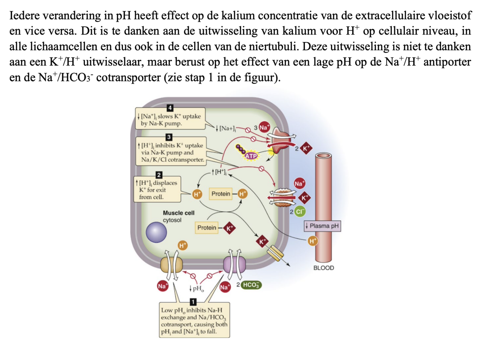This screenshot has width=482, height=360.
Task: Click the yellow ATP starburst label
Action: pyautogui.click(x=251, y=156)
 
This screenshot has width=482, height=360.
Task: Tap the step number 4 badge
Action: pyautogui.click(x=170, y=108)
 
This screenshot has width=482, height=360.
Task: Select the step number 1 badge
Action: pyautogui.click(x=193, y=301)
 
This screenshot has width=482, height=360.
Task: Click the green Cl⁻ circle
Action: pyautogui.click(x=300, y=211)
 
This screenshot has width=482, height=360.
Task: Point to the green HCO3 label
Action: pyautogui.click(x=251, y=285)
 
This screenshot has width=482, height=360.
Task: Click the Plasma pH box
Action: pyautogui.click(x=322, y=226)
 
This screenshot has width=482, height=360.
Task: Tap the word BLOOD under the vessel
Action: pyautogui.click(x=323, y=268)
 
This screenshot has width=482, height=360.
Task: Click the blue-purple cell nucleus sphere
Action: pyautogui.click(x=156, y=232)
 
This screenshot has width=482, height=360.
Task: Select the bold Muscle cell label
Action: pyautogui.click(x=178, y=213)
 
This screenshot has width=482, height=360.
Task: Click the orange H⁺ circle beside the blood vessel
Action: pyautogui.click(x=313, y=241)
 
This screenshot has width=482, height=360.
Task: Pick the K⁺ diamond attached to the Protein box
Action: pyautogui.click(x=229, y=228)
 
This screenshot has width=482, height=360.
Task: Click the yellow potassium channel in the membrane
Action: pyautogui.click(x=275, y=253)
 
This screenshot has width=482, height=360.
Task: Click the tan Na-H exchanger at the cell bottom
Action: pyautogui.click(x=172, y=264)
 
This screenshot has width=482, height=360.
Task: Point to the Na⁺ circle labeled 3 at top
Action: pyautogui.click(x=264, y=127)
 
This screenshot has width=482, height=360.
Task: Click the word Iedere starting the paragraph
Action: pyautogui.click(x=24, y=16)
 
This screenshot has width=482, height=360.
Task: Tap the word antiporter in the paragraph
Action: pyautogui.click(x=447, y=62)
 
